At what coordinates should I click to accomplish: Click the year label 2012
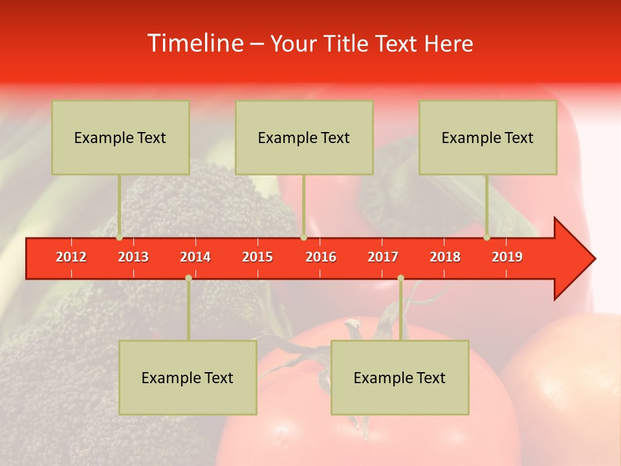pos(71,257)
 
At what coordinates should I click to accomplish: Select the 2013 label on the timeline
pos(133,257)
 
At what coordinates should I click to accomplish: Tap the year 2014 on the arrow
pos(195,257)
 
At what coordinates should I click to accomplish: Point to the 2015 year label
pos(257,257)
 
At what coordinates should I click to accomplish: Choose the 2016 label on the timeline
pos(321,257)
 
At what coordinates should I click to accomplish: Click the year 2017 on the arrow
pos(383,257)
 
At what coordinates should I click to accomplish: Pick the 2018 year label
pos(445,257)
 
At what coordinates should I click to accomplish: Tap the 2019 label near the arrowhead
pos(507,257)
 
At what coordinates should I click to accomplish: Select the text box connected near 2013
pos(120,138)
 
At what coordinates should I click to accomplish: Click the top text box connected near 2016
pos(304,138)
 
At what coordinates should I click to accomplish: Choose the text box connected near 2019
pos(488,138)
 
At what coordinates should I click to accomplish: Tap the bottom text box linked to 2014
pos(188,378)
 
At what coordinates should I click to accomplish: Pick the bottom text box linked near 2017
pos(400,378)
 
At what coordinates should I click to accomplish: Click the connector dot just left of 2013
pos(120,238)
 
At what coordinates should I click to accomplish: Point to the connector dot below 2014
pos(188,278)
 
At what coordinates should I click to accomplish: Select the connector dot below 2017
pos(400,278)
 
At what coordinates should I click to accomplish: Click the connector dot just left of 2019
pos(487,238)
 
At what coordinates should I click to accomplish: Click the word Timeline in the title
pos(195,43)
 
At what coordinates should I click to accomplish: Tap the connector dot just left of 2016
pos(303,238)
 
